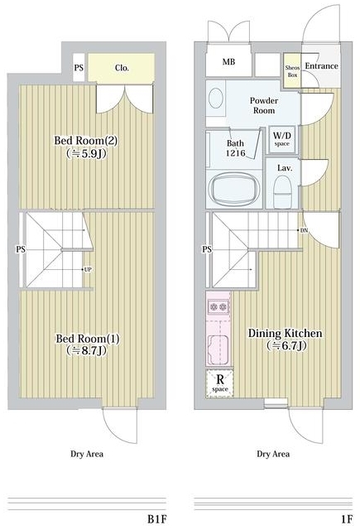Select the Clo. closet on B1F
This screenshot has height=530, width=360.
point(122,68)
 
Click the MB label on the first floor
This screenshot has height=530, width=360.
point(228,62)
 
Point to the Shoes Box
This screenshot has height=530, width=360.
point(292,71)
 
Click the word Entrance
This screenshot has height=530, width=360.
point(321,66)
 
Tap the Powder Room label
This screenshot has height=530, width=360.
point(264,105)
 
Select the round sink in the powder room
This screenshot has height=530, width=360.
point(216,98)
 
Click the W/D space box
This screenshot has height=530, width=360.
point(281,139)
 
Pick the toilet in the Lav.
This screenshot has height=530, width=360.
point(282,191)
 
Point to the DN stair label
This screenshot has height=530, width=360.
point(304,230)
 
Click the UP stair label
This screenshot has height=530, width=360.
point(87,270)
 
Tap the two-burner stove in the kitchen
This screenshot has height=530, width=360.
point(218,306)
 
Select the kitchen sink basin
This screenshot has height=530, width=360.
point(218,349)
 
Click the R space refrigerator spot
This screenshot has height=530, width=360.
point(220,383)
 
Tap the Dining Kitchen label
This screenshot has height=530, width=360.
point(286,339)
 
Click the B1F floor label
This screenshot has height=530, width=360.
point(157,519)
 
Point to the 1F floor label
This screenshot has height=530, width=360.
point(347,519)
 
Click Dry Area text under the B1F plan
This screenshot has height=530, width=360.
point(87,454)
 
